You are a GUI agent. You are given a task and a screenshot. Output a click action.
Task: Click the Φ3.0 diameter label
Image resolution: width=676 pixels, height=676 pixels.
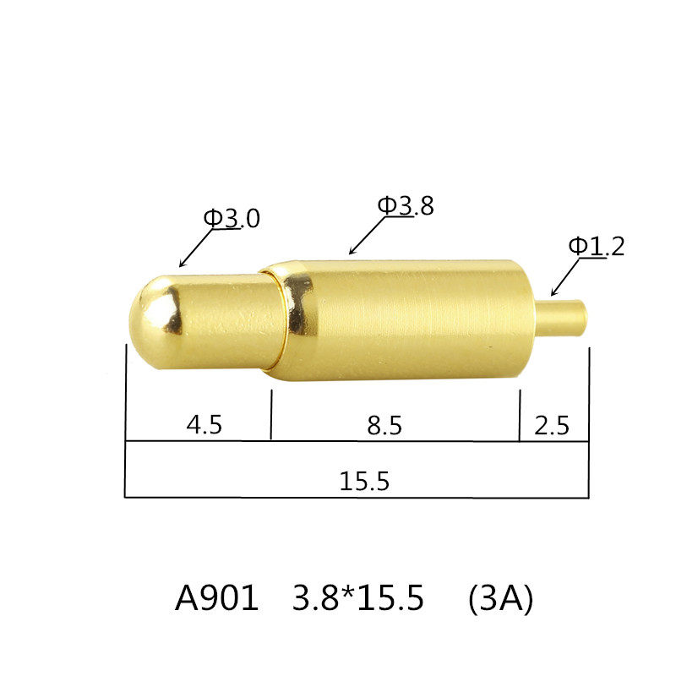[x=232, y=219]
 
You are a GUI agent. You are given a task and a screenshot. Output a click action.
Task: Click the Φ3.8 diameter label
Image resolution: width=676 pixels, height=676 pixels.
[x=406, y=205]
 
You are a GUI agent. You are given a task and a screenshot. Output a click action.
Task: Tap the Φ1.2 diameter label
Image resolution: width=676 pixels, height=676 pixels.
[x=596, y=247]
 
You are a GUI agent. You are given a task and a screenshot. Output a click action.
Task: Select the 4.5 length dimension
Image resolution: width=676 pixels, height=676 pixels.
[x=204, y=424]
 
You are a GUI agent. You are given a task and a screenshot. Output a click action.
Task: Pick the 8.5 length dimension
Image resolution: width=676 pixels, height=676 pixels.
[x=384, y=425]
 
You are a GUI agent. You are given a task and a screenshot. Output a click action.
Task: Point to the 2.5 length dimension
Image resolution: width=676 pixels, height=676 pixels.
[x=552, y=424]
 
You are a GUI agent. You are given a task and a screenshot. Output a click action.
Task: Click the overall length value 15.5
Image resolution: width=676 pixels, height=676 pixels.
[x=364, y=482]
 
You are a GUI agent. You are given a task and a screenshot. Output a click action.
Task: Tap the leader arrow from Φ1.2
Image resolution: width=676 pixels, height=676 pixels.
[x=564, y=278]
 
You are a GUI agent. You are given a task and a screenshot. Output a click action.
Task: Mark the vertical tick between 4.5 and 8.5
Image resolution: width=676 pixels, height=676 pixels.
[x=271, y=414]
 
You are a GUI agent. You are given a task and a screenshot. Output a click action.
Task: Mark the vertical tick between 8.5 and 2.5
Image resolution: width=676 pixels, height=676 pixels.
[x=519, y=414]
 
